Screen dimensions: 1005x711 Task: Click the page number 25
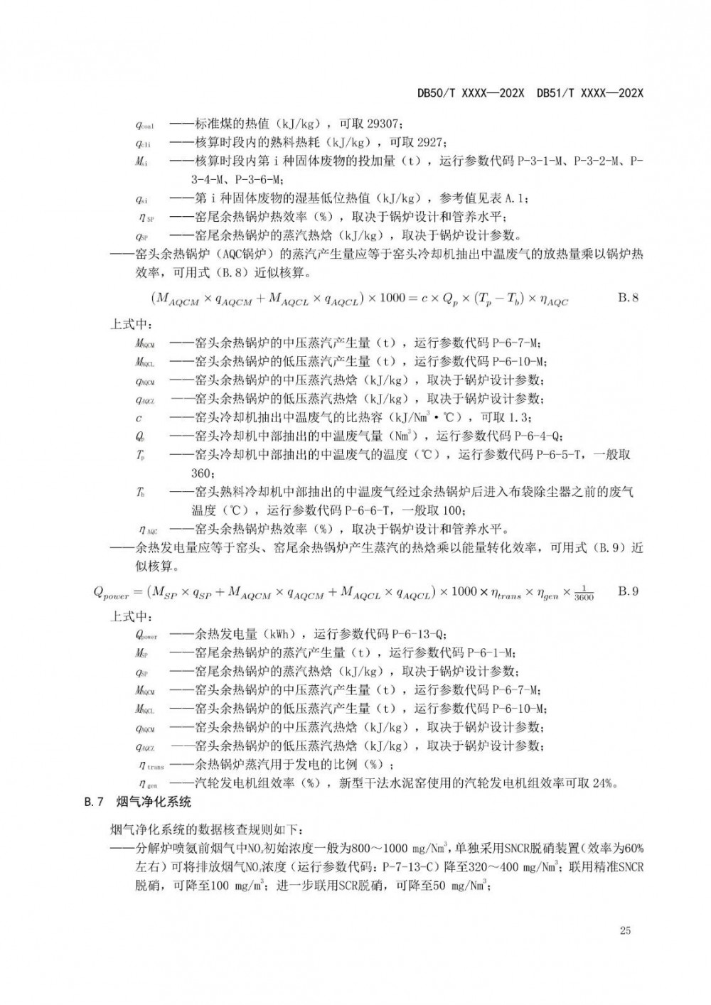click(x=626, y=931)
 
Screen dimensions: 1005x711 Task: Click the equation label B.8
click(x=628, y=299)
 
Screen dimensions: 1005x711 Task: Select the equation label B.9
click(x=628, y=591)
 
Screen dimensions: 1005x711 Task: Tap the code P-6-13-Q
click(x=419, y=635)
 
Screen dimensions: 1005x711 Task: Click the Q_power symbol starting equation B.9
click(x=111, y=593)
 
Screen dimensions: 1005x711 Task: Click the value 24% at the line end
click(x=604, y=784)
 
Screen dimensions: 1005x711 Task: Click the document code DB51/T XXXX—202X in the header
click(x=590, y=93)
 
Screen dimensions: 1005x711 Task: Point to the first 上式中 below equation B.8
click(x=131, y=324)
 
